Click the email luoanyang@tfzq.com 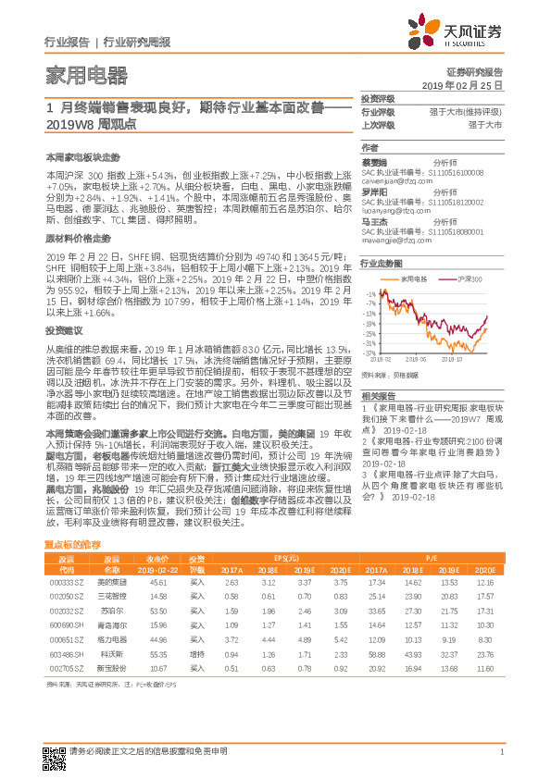(x=393, y=210)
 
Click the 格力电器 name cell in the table (x=111, y=639)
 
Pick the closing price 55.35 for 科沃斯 (x=157, y=653)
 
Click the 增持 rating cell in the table (x=197, y=653)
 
